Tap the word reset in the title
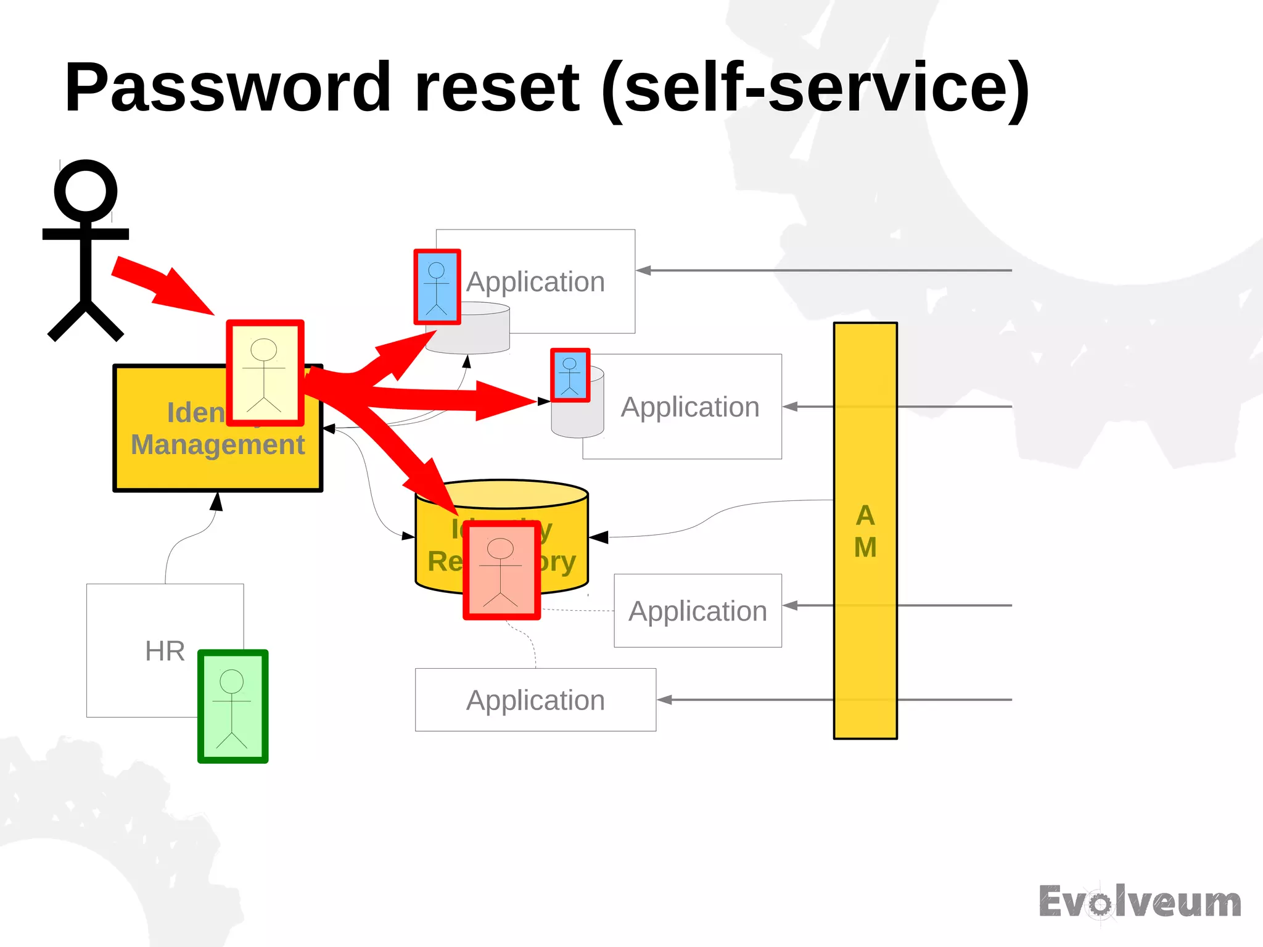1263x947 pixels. [497, 88]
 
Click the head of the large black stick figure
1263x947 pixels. [85, 191]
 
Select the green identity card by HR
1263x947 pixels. [232, 706]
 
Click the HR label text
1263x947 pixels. [165, 651]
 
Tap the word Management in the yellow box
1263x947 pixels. [218, 445]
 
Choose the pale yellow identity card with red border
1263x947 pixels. [265, 373]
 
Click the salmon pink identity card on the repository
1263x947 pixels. [501, 569]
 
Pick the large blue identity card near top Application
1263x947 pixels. [437, 287]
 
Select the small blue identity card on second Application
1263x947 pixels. [570, 375]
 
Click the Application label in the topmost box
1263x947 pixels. [535, 282]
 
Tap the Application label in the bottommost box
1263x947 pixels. [535, 700]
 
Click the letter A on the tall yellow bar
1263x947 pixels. [865, 515]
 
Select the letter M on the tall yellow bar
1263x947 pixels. [865, 547]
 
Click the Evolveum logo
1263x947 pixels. [1140, 903]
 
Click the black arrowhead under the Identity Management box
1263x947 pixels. [216, 502]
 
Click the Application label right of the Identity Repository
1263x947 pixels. [697, 611]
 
